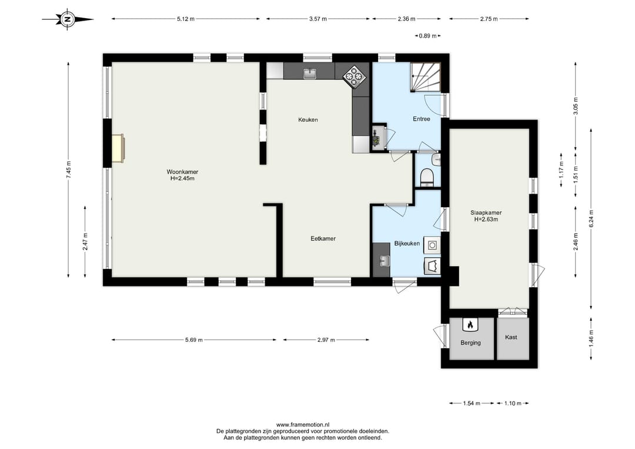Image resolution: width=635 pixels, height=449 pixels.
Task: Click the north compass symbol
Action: pyautogui.click(x=68, y=19)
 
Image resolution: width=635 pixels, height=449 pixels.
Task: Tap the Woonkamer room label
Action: pyautogui.click(x=182, y=172)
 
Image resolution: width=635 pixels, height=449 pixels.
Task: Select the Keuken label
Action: pyautogui.click(x=308, y=119)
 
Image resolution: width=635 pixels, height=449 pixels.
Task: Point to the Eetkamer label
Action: pyautogui.click(x=323, y=239)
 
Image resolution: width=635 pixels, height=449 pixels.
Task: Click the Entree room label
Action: pyautogui.click(x=421, y=119)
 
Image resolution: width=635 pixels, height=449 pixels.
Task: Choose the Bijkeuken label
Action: pyautogui.click(x=407, y=243)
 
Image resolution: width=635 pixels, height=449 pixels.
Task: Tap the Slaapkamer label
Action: pyautogui.click(x=486, y=212)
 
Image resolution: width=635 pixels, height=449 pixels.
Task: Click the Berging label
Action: pyautogui.click(x=470, y=343)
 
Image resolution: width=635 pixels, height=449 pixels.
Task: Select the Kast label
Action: pyautogui.click(x=511, y=337)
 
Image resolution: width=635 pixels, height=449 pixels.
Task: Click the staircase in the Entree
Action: pyautogui.click(x=425, y=77)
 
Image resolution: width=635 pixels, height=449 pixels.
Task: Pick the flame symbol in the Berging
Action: pyautogui.click(x=470, y=324)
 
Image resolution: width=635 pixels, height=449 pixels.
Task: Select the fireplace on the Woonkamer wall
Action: pyautogui.click(x=118, y=148)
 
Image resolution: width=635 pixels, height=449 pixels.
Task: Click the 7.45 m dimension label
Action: pyautogui.click(x=68, y=169)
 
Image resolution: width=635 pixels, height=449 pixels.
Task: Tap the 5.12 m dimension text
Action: pyautogui.click(x=185, y=19)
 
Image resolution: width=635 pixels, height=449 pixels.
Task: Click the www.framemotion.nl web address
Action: pyautogui.click(x=303, y=425)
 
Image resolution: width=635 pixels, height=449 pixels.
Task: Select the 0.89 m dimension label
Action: pyautogui.click(x=427, y=36)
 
